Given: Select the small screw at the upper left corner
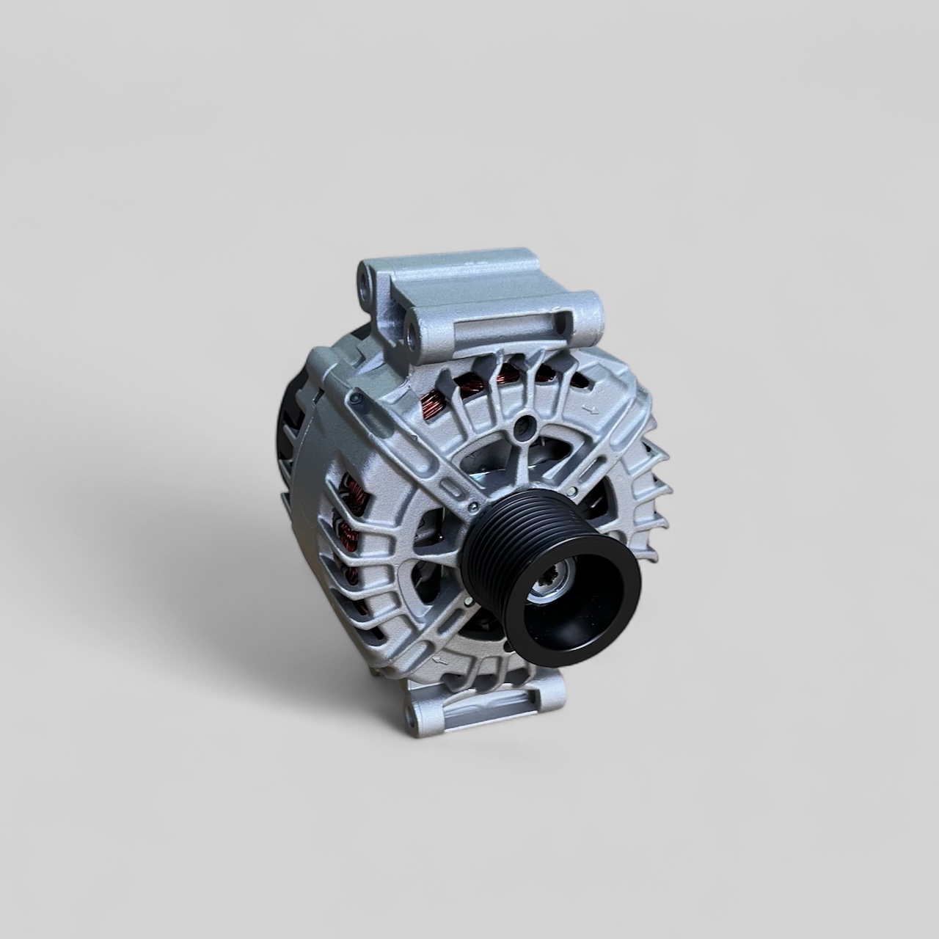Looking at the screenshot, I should [356, 398].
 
